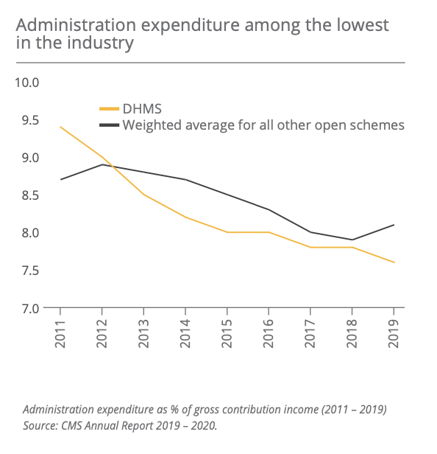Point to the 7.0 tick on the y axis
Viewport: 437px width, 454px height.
pos(29,308)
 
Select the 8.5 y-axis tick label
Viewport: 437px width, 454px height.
pos(29,195)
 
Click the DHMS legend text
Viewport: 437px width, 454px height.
pos(142,109)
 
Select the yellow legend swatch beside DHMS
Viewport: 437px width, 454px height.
pos(109,109)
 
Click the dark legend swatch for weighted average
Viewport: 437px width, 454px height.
pos(109,125)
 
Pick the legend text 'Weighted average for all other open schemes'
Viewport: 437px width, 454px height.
pos(263,125)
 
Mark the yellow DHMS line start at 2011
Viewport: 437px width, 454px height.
pos(60,127)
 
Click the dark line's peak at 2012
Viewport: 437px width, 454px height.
pos(102,164)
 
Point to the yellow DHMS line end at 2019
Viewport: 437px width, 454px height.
pos(394,262)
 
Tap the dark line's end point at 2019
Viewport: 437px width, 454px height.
pos(394,225)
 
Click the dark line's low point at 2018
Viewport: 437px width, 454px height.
pos(352,240)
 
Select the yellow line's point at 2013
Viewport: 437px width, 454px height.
pos(143,195)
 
